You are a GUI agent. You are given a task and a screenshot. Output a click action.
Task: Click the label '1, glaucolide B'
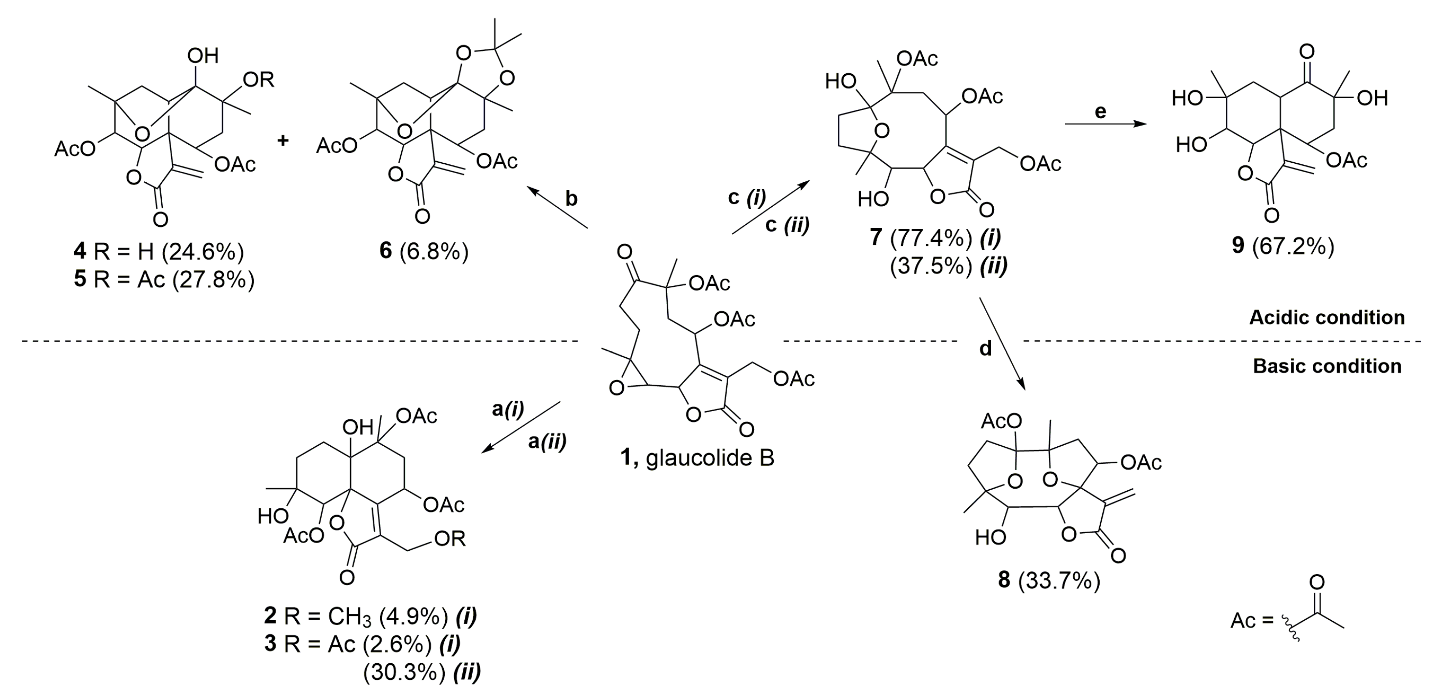pyautogui.click(x=697, y=458)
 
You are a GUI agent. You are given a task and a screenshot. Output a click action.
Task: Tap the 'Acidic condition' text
pyautogui.click(x=1327, y=318)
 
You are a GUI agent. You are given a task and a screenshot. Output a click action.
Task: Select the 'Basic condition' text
pyautogui.click(x=1327, y=366)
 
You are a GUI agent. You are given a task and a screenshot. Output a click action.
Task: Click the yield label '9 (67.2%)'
pyautogui.click(x=1283, y=246)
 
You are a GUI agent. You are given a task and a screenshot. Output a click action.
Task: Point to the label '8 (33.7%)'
pyautogui.click(x=1048, y=581)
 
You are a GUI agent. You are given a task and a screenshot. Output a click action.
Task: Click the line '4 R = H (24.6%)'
pyautogui.click(x=159, y=252)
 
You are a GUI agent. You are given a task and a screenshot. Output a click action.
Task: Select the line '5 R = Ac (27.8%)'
pyautogui.click(x=164, y=279)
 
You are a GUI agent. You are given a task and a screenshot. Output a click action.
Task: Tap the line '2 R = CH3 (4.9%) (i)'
pyautogui.click(x=370, y=616)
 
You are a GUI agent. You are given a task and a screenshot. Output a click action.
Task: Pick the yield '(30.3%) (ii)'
pyautogui.click(x=421, y=673)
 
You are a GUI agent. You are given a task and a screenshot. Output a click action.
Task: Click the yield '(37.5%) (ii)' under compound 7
pyautogui.click(x=948, y=266)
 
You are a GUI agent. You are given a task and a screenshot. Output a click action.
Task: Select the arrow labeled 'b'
pyautogui.click(x=558, y=207)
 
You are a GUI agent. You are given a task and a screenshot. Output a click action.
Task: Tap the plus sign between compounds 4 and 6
pyautogui.click(x=283, y=140)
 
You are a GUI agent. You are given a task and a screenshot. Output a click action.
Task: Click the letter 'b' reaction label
pyautogui.click(x=571, y=198)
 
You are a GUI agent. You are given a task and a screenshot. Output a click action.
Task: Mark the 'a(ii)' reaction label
pyautogui.click(x=547, y=442)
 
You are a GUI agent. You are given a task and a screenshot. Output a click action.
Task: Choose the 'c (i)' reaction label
pyautogui.click(x=747, y=198)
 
